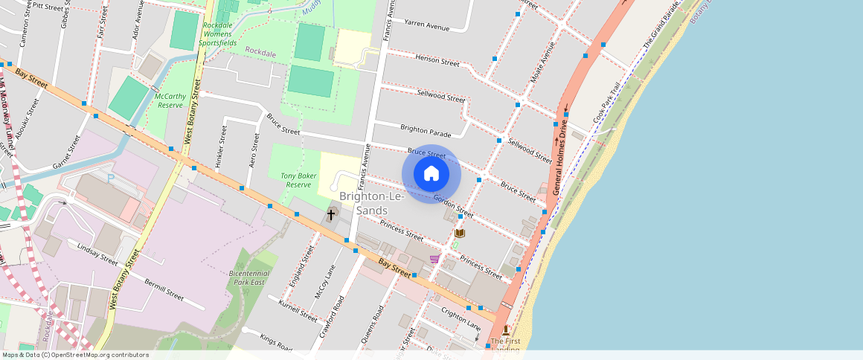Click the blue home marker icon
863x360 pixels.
431,174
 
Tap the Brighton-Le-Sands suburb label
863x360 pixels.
372,203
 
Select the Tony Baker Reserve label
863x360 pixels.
298,180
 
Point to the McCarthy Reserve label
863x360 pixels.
170,100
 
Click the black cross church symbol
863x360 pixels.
331,214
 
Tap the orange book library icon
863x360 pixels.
460,234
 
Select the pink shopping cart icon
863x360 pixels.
434,259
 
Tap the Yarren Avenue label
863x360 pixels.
426,26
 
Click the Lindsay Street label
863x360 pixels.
97,254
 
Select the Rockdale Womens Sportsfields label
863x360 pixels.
219,34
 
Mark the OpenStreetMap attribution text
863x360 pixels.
74,355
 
